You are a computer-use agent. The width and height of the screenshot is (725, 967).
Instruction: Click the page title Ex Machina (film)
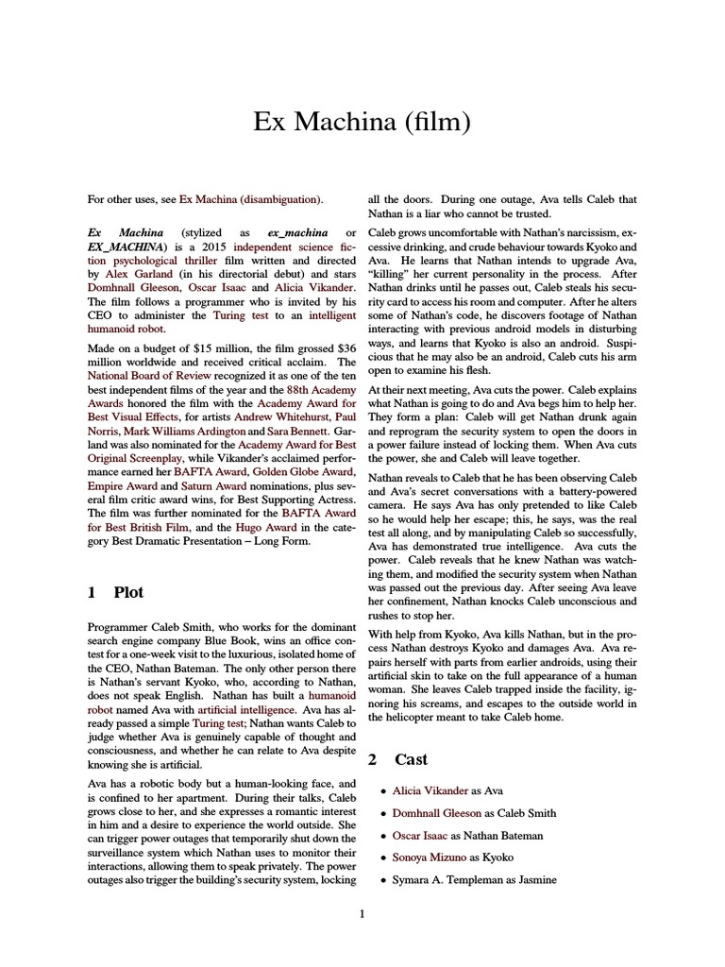tap(362, 123)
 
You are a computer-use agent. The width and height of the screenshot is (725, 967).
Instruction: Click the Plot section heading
tap(128, 592)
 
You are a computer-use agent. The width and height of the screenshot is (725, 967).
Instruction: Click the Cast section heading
tap(411, 758)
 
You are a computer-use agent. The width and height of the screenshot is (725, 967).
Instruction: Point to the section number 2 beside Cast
tap(372, 758)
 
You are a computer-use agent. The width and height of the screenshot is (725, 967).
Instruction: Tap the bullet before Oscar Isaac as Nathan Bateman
tap(381, 836)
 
